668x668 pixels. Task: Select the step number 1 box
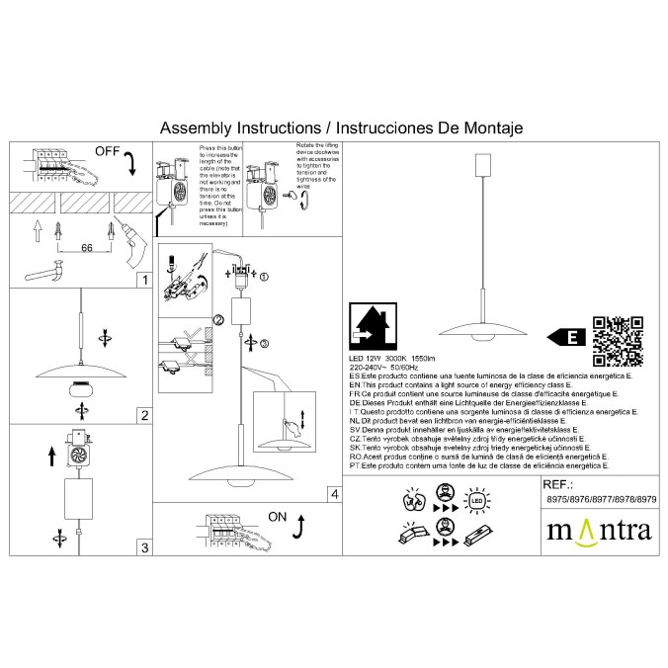[x=144, y=281]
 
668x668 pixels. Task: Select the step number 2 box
[x=144, y=415]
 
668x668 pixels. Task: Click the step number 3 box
[x=144, y=546]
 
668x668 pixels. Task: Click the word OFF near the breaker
[x=108, y=152]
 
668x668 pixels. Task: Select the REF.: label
[x=559, y=486]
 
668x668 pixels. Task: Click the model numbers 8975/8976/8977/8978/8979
[x=600, y=501]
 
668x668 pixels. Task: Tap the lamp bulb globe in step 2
[x=78, y=387]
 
